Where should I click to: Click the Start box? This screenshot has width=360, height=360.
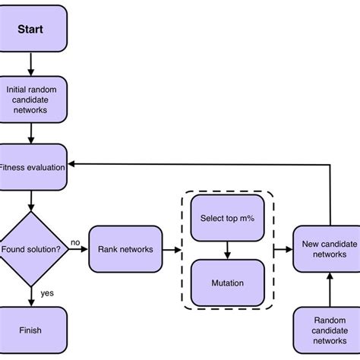click(30, 31)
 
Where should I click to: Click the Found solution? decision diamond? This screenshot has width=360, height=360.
click(31, 248)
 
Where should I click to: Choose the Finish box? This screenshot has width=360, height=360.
click(31, 330)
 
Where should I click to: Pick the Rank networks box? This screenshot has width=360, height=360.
click(126, 248)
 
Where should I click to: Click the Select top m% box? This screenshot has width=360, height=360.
click(227, 218)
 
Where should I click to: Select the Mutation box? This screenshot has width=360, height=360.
click(227, 283)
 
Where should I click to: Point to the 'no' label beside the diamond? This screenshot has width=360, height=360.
click(75, 242)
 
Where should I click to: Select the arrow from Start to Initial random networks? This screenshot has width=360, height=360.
click(31, 65)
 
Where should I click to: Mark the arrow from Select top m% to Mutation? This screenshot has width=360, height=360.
click(227, 250)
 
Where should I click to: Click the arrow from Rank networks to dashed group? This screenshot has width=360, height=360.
click(172, 248)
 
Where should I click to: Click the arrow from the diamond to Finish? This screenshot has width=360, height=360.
click(31, 295)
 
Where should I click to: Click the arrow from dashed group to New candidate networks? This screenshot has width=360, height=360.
click(283, 248)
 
